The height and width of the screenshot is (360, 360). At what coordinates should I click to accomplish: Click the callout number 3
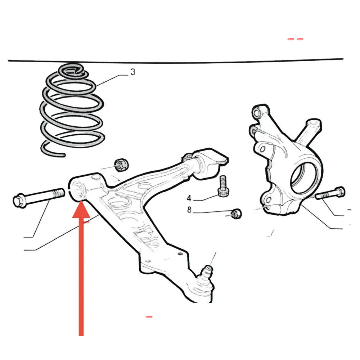pos(133,72)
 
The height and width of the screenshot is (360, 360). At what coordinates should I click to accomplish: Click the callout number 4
pos(189,198)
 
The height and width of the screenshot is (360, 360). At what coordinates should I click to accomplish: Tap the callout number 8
pos(189,210)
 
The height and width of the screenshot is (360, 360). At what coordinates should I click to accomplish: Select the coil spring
pos(72,110)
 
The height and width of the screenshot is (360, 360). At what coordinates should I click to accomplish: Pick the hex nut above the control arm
pos(121,165)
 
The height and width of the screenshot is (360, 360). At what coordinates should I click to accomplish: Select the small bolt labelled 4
pos(223,186)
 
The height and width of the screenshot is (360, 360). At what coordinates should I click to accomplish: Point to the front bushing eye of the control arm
pos(77,189)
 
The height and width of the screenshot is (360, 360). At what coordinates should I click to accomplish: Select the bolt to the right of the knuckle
pos(330,194)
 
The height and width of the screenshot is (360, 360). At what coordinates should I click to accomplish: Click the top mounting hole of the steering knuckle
pos(257,112)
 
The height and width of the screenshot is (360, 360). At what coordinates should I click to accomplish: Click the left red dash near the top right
pos(291,39)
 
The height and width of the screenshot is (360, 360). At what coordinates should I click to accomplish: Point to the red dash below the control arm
pos(149,317)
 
